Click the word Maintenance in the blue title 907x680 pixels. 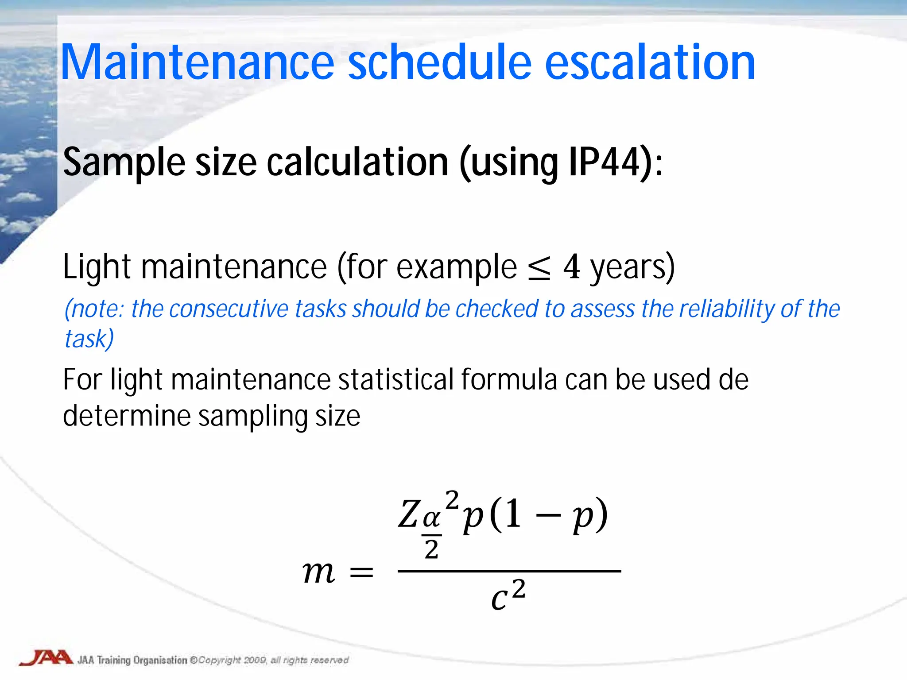tap(197, 63)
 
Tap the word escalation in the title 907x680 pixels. tap(649, 63)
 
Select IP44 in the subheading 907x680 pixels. tap(605, 163)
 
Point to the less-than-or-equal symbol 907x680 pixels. tap(539, 268)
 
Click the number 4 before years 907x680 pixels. tap(571, 267)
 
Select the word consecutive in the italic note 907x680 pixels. tap(229, 309)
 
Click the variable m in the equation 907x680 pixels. tap(318, 572)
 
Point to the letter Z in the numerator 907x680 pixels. tap(408, 514)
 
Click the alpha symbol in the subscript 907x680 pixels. tap(431, 518)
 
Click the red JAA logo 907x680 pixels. tap(46, 658)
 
